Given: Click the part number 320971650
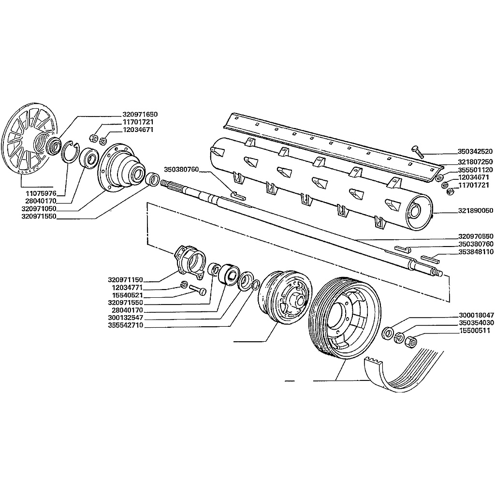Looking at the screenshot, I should tap(140, 115).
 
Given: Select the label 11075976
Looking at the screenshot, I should tap(41, 193).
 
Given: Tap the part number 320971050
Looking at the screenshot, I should tap(39, 208).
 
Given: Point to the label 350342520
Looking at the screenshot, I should tap(475, 151).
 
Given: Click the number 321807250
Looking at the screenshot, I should tap(475, 161).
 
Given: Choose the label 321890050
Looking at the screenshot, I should tap(475, 211).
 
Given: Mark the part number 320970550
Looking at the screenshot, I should tap(475, 236).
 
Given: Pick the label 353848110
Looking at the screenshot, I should tap(475, 252).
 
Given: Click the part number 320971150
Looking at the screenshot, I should tap(126, 280).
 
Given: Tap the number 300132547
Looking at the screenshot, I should tap(126, 317).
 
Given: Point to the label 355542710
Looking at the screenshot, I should tap(126, 326).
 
